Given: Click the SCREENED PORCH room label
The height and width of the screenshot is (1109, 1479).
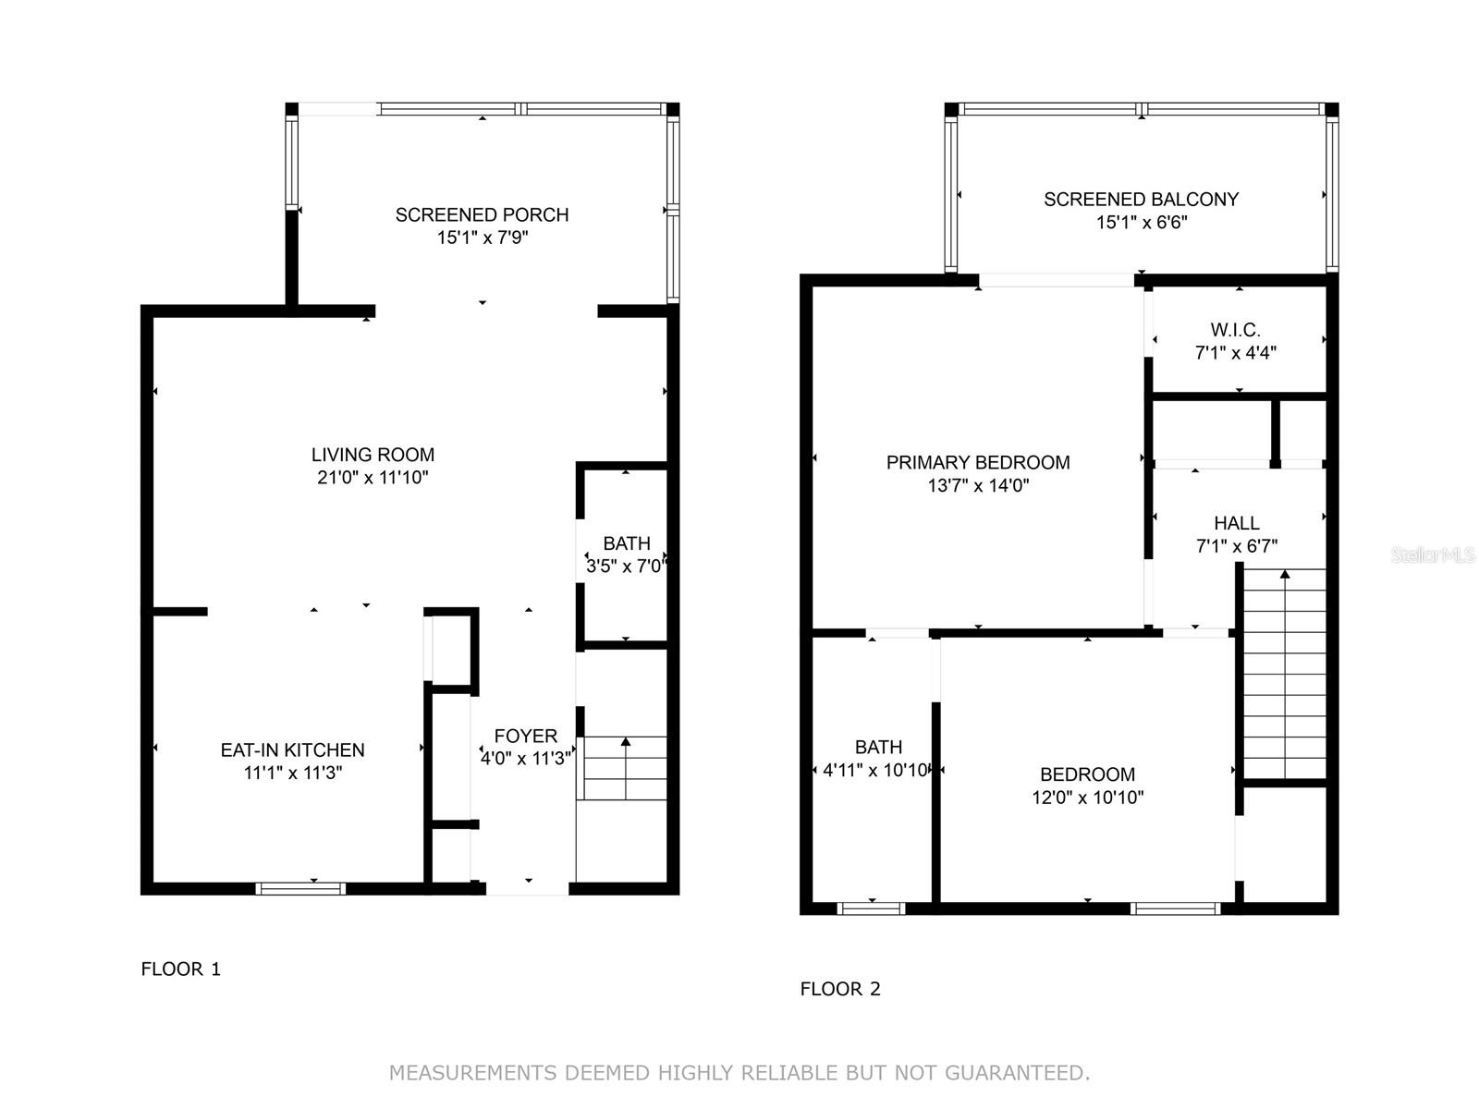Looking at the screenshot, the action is pos(482,214).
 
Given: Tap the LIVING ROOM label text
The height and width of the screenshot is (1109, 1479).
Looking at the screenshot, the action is pos(373,455).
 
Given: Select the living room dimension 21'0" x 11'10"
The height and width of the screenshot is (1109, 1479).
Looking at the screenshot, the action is pos(373,478).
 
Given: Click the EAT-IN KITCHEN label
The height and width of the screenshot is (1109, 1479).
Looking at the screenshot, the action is pos(292,750).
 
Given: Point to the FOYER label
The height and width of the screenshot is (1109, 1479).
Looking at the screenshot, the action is pos(526,736).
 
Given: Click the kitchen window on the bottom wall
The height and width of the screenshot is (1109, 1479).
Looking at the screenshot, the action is pos(300,889).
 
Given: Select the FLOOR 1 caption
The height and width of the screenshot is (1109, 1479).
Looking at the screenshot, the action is pos(180,969).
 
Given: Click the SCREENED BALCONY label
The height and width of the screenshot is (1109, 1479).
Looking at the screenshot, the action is pos(1141,200).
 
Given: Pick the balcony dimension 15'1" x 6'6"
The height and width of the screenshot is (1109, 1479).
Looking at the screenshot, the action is pos(1142,222).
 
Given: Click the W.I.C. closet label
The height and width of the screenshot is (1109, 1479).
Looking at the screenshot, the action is pos(1235,330).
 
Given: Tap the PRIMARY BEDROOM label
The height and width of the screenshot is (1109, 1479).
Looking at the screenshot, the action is pos(978,463).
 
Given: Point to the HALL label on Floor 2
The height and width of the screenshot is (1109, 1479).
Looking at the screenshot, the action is pos(1237,523).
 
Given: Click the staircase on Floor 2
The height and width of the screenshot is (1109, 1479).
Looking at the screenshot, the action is pos(1284,674).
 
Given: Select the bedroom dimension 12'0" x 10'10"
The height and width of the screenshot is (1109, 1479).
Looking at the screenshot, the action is pos(1087,798).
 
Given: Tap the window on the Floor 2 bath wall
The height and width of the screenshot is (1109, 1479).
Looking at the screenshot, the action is pos(872,908).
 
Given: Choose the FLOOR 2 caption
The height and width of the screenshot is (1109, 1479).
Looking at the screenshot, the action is pos(840,989).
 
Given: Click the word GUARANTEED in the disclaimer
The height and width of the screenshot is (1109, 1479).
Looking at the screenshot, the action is pos(1018,1072).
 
